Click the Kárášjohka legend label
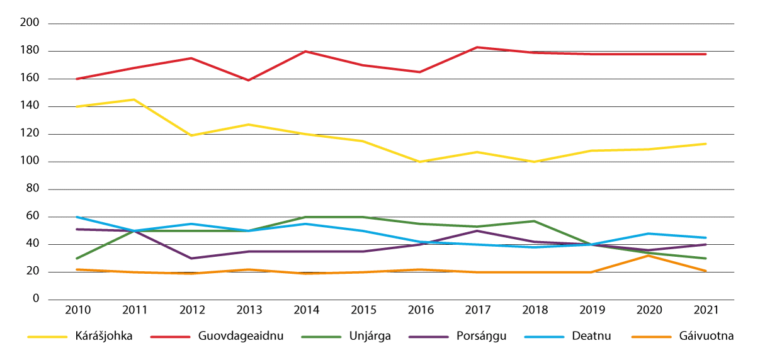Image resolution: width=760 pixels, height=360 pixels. click(x=103, y=336)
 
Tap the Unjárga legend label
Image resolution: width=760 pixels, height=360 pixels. click(x=370, y=336)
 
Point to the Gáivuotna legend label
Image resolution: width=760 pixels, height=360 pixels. click(x=707, y=336)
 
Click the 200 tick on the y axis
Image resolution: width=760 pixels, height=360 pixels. click(x=30, y=23)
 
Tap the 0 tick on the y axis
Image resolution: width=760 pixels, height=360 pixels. click(x=36, y=300)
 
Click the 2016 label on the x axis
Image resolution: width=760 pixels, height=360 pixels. click(x=419, y=310)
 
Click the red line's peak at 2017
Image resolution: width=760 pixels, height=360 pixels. click(x=477, y=47)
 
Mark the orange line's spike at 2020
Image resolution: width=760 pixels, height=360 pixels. click(x=648, y=256)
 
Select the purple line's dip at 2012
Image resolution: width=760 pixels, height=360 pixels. click(x=191, y=258)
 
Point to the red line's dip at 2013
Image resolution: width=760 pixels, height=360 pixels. click(x=248, y=80)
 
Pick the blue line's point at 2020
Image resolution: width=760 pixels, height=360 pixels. click(x=648, y=233)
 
